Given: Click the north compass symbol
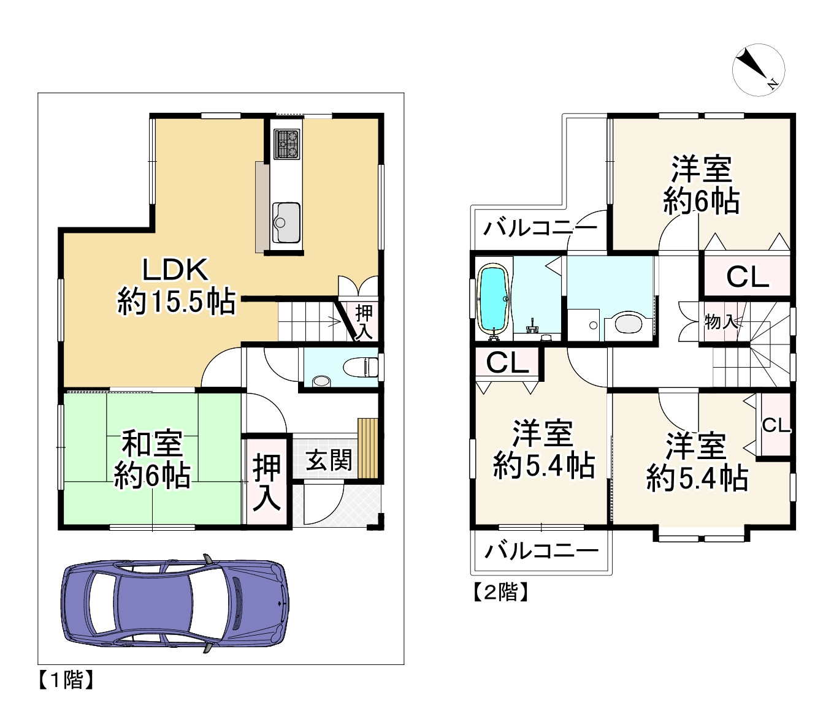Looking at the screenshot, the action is [x=758, y=70].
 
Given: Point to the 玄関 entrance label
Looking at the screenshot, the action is [x=329, y=460].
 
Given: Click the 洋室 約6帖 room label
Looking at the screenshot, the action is [x=702, y=185].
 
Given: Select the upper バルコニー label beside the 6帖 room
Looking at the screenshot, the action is [x=540, y=229].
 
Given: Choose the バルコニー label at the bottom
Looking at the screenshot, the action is [x=541, y=551].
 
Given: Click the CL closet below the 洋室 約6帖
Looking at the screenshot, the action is [x=748, y=276].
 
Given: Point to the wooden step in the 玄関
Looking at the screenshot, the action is [x=367, y=448].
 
